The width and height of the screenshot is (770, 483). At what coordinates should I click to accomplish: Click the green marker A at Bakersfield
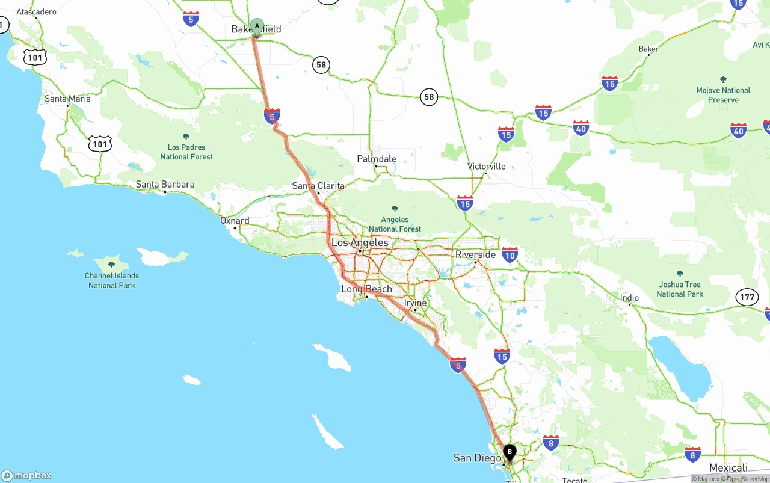point(257,26)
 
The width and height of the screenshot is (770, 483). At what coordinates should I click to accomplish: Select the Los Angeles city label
point(360,242)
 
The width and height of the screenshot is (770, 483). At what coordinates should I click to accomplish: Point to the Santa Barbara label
point(165,185)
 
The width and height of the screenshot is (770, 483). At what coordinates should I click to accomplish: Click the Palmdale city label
point(377,159)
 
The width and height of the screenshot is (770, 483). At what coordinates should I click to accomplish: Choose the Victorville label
point(487,166)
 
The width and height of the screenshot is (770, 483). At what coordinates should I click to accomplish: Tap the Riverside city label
point(475,254)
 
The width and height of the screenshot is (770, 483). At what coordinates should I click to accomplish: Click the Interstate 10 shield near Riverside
point(510,254)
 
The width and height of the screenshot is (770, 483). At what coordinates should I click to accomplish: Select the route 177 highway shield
point(747,297)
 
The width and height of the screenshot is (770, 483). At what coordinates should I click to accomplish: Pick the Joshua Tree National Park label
point(680,289)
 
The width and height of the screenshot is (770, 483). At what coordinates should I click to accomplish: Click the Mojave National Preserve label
point(723,94)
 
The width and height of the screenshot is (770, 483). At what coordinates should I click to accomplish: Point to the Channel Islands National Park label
point(112,280)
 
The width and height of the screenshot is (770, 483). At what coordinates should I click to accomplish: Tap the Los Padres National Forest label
point(186,152)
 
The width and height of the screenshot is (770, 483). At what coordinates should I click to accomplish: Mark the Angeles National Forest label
point(395,224)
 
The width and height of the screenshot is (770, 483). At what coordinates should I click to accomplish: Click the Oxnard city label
point(235,221)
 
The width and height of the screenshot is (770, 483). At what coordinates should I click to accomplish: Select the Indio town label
point(629,298)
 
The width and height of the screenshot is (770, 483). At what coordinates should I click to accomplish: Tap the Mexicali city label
point(728,468)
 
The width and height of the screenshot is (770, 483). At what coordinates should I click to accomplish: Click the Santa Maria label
point(67,99)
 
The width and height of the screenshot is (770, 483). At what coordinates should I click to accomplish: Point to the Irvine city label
point(415,303)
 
